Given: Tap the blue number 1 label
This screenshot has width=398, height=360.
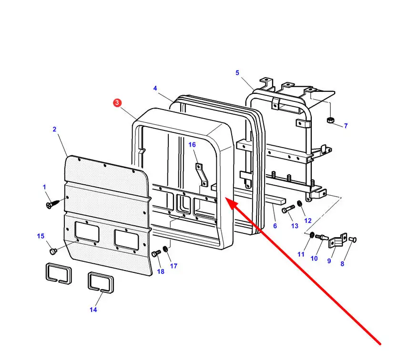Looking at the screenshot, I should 45,187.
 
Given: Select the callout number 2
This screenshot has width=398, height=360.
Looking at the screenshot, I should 54,129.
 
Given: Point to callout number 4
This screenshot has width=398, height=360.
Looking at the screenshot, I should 155,89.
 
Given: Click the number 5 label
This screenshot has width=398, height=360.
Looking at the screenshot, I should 237,73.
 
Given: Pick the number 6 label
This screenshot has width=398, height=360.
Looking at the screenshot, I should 275,226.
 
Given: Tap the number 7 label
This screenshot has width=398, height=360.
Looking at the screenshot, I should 346,126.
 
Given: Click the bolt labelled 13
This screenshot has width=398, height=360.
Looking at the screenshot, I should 288,209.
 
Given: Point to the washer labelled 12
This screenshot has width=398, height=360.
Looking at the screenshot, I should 299,204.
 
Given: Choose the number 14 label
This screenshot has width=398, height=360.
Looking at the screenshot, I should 93,310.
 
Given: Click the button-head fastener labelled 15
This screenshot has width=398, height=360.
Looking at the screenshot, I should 53,250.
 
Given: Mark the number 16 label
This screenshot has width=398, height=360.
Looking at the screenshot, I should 192,145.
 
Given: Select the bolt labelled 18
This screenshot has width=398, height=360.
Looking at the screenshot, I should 155,255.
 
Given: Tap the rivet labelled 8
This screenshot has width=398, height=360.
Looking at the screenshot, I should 353,239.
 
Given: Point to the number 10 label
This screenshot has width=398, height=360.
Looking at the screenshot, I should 314,259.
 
